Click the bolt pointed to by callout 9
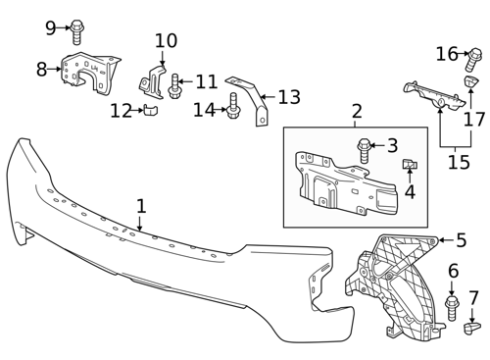pos(76,32)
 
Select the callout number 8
pos(41,70)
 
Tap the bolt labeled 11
pos(173,85)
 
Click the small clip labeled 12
pos(150,110)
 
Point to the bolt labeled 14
pos(233,106)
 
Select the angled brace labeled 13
pos(252,98)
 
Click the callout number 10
pos(166,41)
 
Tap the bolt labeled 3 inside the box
pos(364,151)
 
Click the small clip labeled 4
pos(410,164)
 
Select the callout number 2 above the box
pos(357,111)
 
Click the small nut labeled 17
pos(471,81)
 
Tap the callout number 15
pos(459,162)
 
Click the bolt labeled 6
pos(452,308)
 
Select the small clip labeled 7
pos(472,328)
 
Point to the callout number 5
pos(461,240)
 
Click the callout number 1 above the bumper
pos(141,206)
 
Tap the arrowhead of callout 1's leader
pos(140,229)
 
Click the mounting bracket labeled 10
pos(152,81)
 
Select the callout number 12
pos(121,111)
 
